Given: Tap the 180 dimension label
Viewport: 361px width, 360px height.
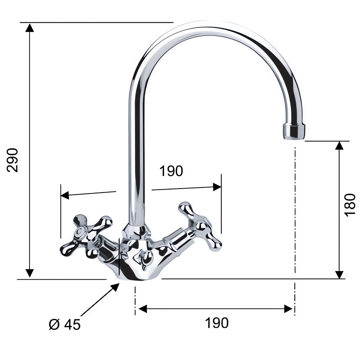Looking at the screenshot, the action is click(350, 205).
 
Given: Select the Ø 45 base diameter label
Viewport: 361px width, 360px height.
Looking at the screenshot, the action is click(65, 324).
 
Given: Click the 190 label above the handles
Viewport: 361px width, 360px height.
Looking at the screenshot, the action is click(171, 171).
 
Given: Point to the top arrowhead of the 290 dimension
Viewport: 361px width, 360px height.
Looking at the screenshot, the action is click(30, 27).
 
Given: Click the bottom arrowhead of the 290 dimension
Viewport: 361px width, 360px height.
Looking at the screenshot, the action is click(30, 273).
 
